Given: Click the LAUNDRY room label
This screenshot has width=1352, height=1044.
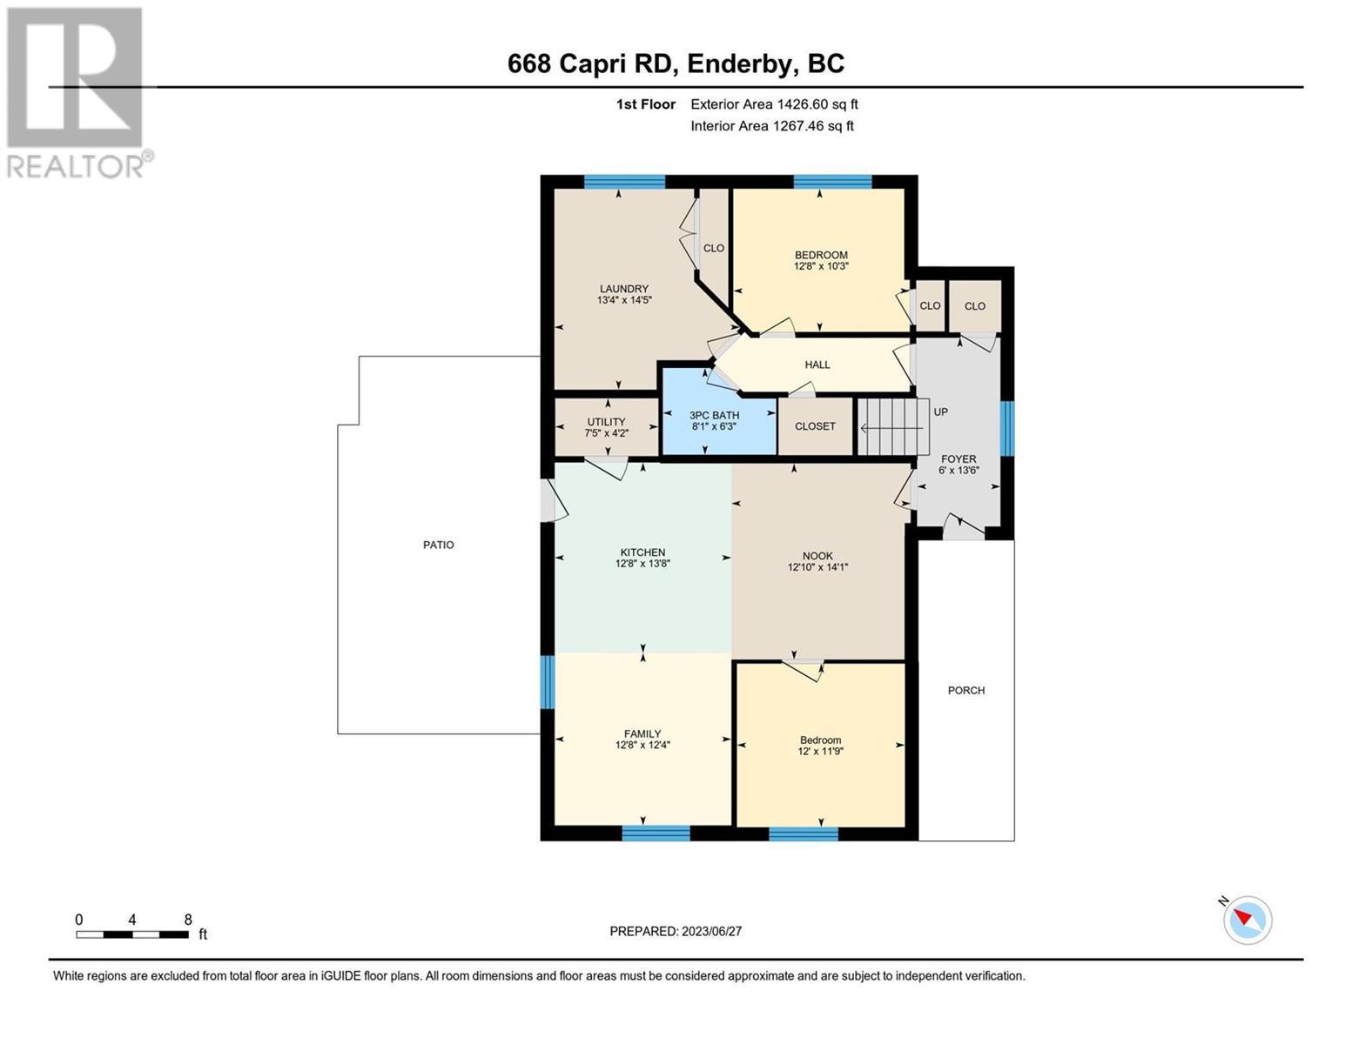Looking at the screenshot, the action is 623,289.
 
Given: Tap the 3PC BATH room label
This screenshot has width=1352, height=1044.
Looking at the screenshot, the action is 714,415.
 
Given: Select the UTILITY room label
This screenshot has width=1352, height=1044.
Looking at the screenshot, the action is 606,422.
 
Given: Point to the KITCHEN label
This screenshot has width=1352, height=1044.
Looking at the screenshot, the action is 642,552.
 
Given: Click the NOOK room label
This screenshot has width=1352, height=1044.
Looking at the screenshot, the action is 817,556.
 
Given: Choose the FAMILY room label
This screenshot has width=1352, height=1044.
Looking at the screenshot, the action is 642,733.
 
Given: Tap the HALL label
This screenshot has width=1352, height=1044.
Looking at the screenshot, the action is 817,365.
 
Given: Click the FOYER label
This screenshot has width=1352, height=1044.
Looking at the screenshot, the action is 959,458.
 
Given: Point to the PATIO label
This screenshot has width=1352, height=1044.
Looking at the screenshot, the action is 439,545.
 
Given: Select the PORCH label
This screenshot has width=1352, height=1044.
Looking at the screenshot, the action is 966,690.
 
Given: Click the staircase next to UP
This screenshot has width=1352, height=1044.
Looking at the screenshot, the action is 893,427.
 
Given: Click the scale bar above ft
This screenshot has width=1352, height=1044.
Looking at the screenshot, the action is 132,934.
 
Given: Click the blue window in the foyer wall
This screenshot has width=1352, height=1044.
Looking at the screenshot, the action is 1006,428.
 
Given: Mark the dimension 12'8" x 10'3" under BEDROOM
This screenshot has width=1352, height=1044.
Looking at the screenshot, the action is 821,266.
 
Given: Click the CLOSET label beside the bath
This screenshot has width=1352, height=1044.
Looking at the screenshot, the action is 815,426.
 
